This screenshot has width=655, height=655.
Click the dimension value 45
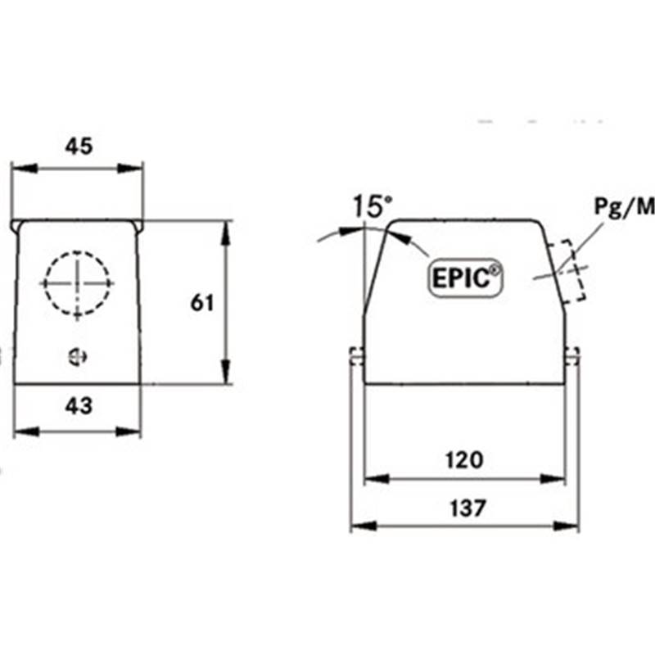click(x=79, y=146)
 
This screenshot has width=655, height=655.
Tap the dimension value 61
click(x=202, y=302)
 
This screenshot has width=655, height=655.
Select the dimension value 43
click(x=79, y=405)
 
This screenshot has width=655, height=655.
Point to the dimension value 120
click(x=464, y=459)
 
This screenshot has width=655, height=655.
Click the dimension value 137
click(x=468, y=508)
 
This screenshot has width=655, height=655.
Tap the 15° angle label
click(x=373, y=206)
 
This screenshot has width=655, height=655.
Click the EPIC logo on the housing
click(x=465, y=278)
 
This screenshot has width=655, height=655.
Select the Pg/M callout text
click(x=624, y=207)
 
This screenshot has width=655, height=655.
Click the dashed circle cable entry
click(x=77, y=283)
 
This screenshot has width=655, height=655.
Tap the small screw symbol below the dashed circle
click(x=77, y=357)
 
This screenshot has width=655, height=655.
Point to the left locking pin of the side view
click(x=356, y=356)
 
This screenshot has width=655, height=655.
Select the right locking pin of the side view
click(x=572, y=356)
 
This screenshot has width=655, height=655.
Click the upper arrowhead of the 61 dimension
click(x=226, y=233)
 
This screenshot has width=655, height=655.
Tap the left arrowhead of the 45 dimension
click(x=25, y=169)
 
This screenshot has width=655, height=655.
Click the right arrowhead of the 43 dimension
click(x=129, y=431)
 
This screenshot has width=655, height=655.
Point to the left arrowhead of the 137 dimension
click(x=364, y=526)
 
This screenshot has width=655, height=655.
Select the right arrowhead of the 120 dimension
click(x=553, y=479)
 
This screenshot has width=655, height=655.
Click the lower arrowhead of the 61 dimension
click(x=226, y=372)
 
